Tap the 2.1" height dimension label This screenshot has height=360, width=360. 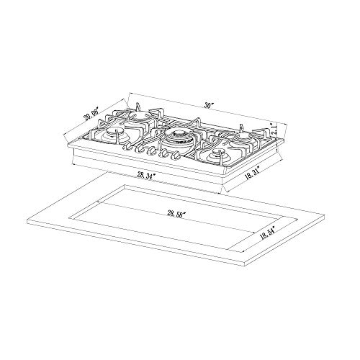pyautogui.click(x=274, y=130)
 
